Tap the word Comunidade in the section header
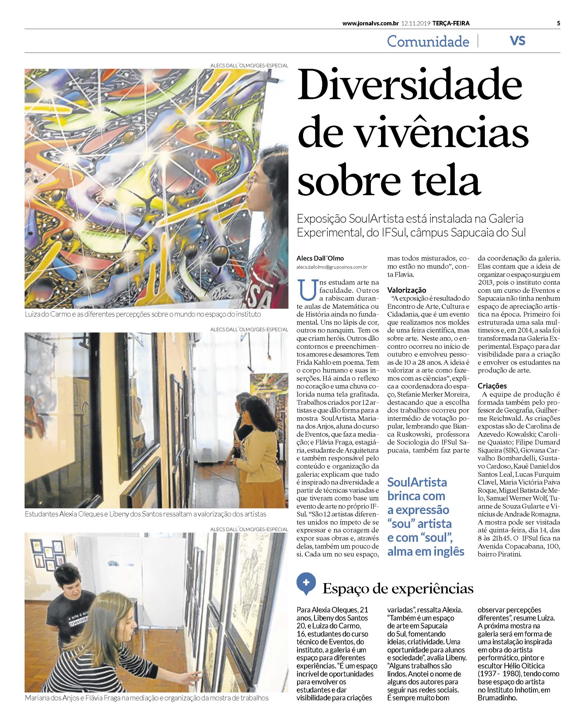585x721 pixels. point(428,41)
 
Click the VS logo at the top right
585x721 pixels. point(517,41)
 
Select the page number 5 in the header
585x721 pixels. point(558,23)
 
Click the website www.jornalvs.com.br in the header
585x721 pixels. point(370,23)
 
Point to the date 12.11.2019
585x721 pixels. point(415,23)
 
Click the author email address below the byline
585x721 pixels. point(332,267)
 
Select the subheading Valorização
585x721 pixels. point(406,290)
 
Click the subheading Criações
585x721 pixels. point(492,386)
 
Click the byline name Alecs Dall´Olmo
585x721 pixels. point(320,258)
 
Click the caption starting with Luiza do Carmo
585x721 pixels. point(143,314)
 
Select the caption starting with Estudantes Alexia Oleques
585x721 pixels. point(145,514)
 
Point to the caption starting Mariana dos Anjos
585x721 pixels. point(147,698)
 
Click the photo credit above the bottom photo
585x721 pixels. point(249,530)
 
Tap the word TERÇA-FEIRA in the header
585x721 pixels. point(451,23)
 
